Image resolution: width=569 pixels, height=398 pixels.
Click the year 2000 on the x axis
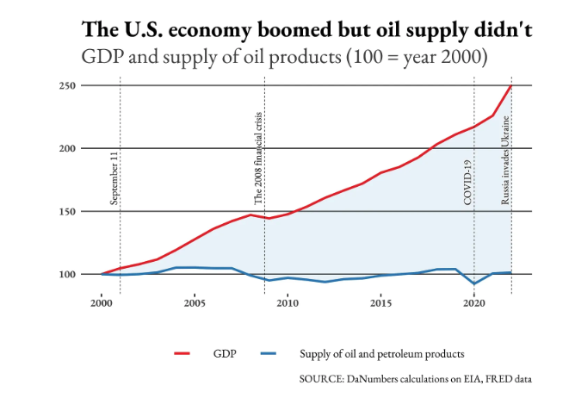tap(101, 303)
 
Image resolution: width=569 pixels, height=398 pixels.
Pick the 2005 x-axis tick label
tap(194, 303)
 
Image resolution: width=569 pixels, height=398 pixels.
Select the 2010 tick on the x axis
tap(288, 303)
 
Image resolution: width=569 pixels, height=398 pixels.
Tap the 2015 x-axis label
tap(380, 303)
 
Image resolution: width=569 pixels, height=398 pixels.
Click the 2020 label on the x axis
tap(473, 303)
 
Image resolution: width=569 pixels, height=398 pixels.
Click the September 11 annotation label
tap(114, 179)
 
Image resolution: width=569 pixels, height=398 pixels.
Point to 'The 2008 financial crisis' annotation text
tap(257, 158)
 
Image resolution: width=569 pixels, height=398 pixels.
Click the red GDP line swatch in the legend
tap(182, 353)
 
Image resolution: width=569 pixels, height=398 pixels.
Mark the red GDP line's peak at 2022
tap(511, 86)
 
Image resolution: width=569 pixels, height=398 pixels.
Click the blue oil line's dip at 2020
tap(474, 283)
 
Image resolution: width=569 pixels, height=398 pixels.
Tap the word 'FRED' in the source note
tap(494, 378)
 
